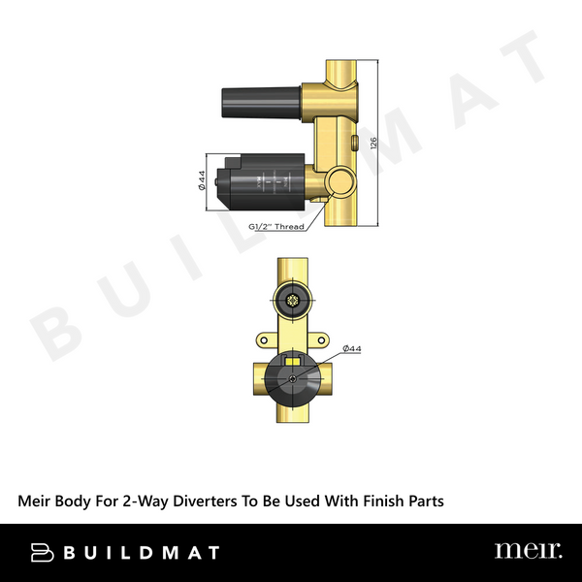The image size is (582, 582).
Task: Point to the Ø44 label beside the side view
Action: click(201, 180)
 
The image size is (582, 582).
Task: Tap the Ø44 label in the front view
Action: click(351, 347)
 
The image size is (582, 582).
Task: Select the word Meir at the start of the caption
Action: click(36, 501)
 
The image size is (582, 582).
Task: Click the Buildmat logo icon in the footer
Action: click(42, 552)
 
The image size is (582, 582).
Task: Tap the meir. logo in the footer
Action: click(528, 551)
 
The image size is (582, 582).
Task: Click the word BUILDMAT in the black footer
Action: click(140, 553)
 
